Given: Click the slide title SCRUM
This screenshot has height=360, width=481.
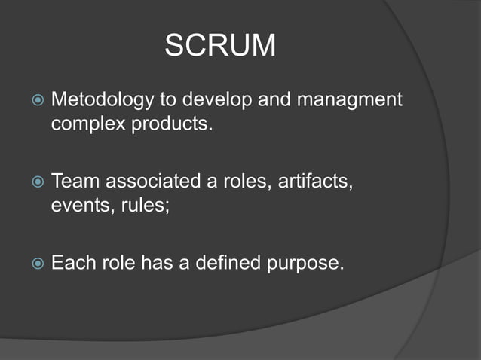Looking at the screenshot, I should pos(220,47).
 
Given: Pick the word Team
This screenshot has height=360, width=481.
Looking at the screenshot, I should pos(75,182).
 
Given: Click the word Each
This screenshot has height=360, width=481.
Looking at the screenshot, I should pos(74,264).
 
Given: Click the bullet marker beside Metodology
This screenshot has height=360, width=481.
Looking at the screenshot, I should pos(35,100).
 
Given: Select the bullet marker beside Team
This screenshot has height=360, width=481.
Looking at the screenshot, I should pos(35,182).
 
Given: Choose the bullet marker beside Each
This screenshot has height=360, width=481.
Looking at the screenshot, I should pos(35,264).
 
